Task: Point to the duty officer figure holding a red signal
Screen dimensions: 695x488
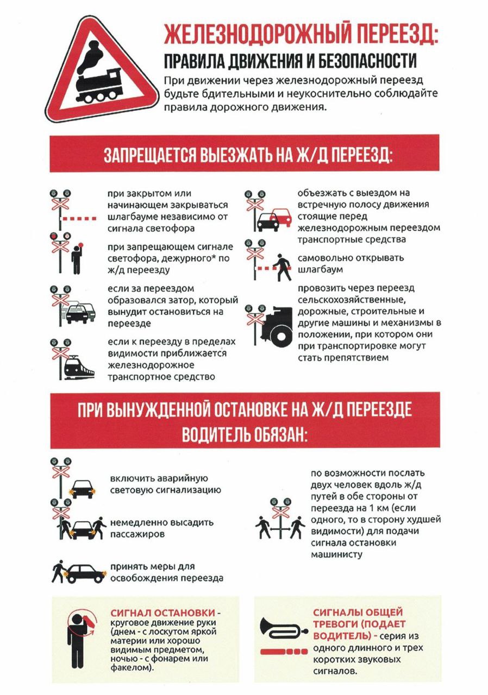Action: click(77, 260)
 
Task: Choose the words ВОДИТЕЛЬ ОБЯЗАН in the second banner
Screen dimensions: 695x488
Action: click(244, 434)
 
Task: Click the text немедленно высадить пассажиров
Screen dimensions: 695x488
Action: click(161, 528)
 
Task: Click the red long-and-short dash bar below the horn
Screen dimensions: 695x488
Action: click(283, 650)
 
